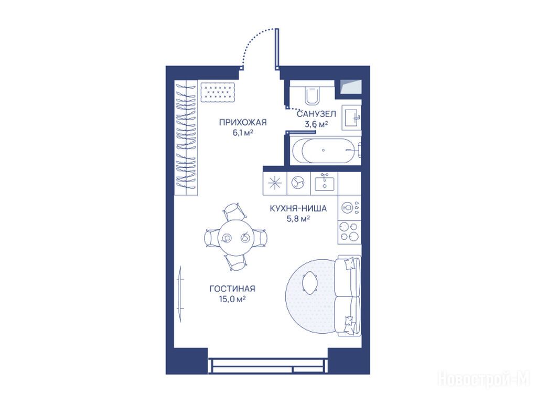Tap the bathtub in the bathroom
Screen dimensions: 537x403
click(x=325, y=150)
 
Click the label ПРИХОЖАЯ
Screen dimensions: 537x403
click(x=242, y=122)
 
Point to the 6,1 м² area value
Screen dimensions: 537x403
click(x=243, y=133)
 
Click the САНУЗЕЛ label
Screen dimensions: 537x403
click(x=316, y=114)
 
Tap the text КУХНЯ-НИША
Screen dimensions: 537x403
click(x=298, y=208)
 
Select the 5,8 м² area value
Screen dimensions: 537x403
click(x=298, y=218)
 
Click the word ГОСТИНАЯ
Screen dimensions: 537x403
click(x=232, y=289)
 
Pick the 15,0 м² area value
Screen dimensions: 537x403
click(x=232, y=299)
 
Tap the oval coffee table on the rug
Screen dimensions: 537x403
click(x=310, y=282)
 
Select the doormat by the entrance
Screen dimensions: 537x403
click(x=218, y=92)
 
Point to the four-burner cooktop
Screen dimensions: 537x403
click(x=349, y=231)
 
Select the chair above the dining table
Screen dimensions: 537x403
click(x=234, y=211)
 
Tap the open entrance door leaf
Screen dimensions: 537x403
click(x=277, y=49)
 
